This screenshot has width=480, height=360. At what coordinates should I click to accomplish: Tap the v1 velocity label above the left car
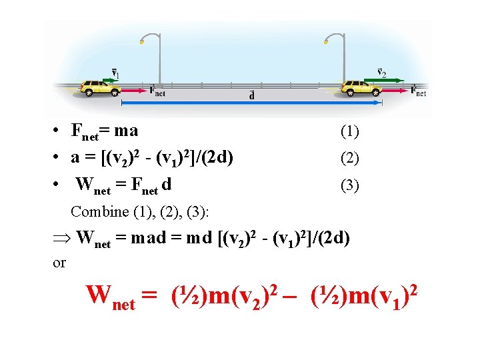(115, 73)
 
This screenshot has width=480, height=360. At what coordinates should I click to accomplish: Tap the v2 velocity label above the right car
(381, 72)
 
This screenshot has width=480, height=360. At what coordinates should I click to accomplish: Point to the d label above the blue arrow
(251, 95)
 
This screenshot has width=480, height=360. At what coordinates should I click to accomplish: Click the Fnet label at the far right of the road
(419, 91)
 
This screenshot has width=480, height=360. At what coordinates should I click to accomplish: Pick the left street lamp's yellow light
(141, 42)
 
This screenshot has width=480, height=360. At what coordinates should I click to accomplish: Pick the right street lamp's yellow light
(326, 42)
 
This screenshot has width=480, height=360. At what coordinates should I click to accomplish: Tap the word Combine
(99, 212)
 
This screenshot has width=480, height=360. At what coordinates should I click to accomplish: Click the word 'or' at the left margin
(59, 263)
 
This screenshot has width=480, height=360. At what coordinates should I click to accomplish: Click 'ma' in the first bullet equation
(125, 131)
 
